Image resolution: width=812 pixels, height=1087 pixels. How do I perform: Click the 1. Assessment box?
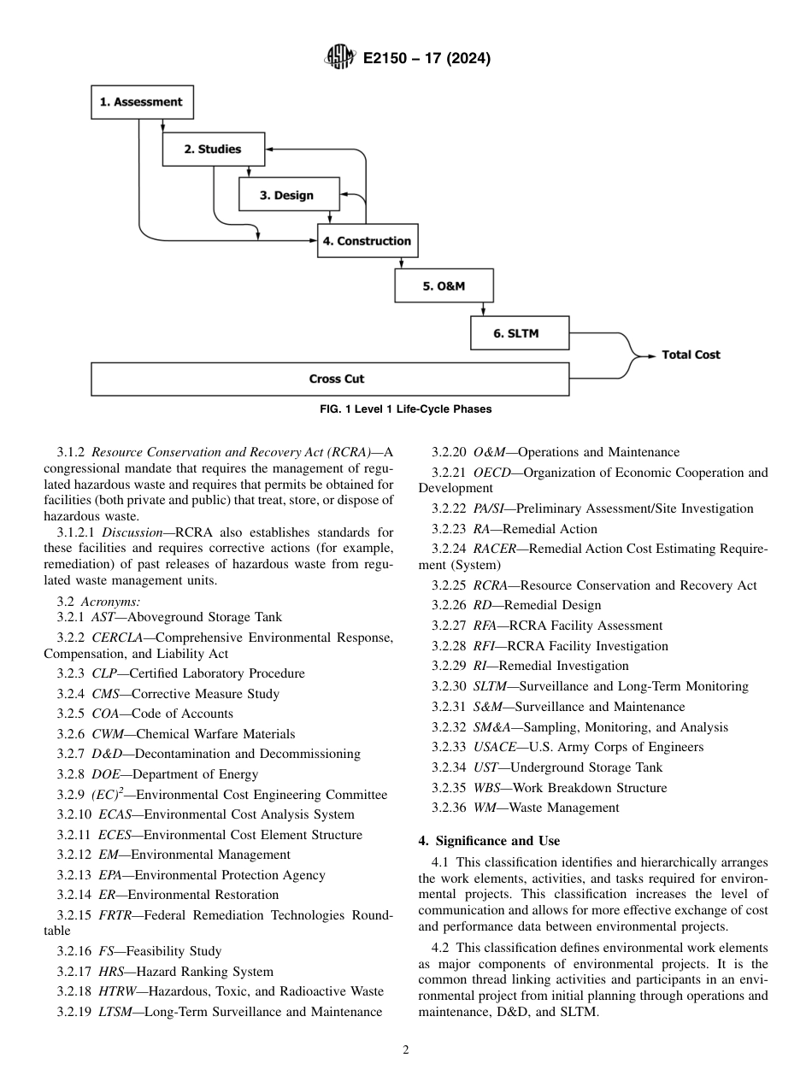(x=141, y=102)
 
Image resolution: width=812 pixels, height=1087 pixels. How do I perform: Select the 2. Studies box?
(x=213, y=149)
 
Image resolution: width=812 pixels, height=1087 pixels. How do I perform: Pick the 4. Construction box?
(x=367, y=241)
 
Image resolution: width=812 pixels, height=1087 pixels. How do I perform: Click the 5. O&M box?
(x=444, y=286)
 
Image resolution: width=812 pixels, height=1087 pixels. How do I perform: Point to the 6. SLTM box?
(x=519, y=333)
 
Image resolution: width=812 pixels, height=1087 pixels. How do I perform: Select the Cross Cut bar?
(x=330, y=379)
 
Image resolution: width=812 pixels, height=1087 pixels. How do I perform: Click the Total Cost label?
(x=691, y=355)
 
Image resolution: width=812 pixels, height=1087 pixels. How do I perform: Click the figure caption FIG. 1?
(x=405, y=409)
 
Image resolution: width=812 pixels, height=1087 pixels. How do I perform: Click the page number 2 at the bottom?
(x=406, y=1050)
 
